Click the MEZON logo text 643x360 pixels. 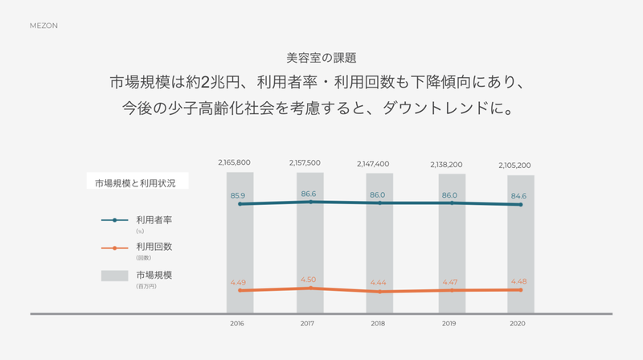pos(43,26)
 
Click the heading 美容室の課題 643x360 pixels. pos(321,58)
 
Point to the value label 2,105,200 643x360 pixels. pos(515,166)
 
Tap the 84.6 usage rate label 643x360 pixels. pos(520,195)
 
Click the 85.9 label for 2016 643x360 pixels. pos(238,195)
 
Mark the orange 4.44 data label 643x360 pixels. pos(379,282)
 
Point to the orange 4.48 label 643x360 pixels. pos(520,281)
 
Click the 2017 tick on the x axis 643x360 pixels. pos(308,323)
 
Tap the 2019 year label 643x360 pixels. pos(450,323)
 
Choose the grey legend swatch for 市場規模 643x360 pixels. pos(115,276)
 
